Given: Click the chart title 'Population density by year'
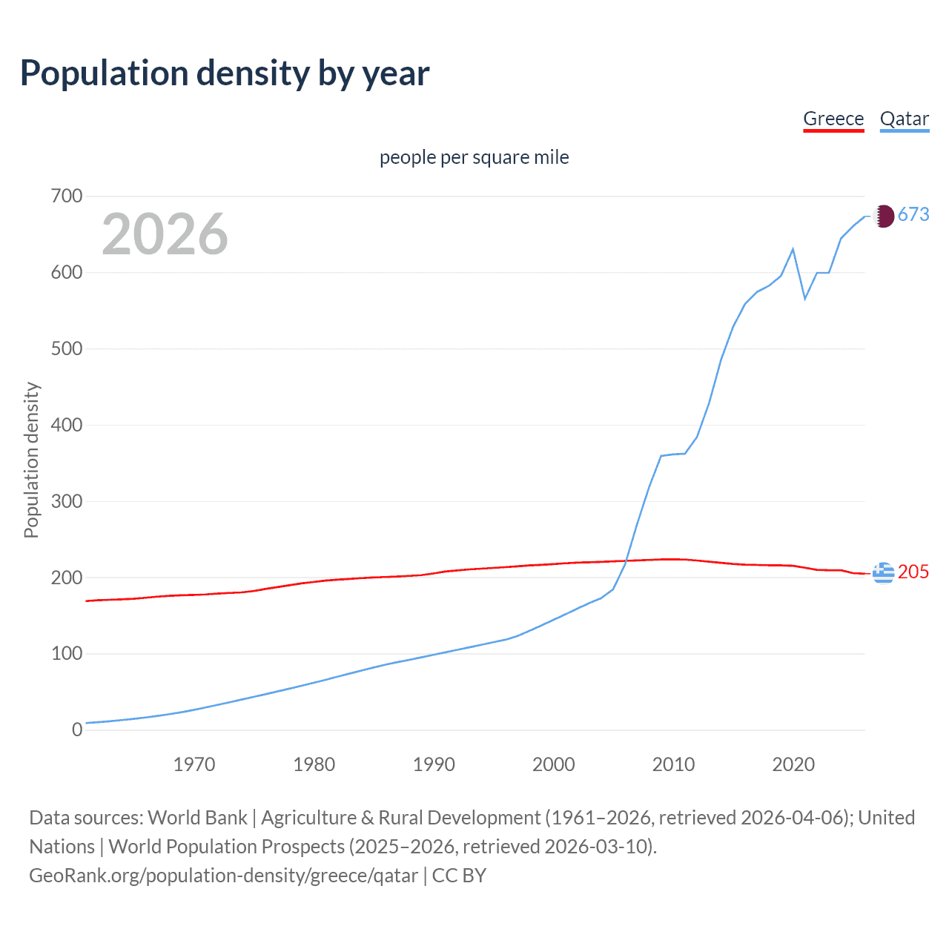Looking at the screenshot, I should click(x=225, y=73).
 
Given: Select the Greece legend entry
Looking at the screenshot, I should click(x=833, y=119).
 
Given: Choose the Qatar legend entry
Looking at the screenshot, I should click(x=904, y=119).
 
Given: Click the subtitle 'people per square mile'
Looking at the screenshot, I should click(x=474, y=157).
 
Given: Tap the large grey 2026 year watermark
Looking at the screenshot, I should click(x=165, y=234).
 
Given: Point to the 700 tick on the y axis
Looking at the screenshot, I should click(x=67, y=196).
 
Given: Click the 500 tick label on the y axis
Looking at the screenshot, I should click(x=67, y=348).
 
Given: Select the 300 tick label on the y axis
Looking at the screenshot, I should click(x=67, y=501).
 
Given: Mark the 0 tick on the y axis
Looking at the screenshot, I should click(x=77, y=730).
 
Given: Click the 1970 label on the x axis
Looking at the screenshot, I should click(x=194, y=764).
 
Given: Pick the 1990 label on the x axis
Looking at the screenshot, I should click(x=434, y=764).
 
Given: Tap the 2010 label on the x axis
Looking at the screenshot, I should click(x=673, y=764).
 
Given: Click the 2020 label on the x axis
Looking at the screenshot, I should click(x=793, y=764).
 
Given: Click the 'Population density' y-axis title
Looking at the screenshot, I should click(x=31, y=460).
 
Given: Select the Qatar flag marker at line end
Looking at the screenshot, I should click(x=883, y=216).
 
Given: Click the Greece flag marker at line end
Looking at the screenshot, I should click(x=883, y=573).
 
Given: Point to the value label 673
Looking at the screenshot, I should click(x=913, y=214).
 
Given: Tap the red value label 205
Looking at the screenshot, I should click(x=913, y=572).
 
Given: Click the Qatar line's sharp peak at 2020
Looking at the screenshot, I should click(x=793, y=249).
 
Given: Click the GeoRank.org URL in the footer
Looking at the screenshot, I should click(x=223, y=876).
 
